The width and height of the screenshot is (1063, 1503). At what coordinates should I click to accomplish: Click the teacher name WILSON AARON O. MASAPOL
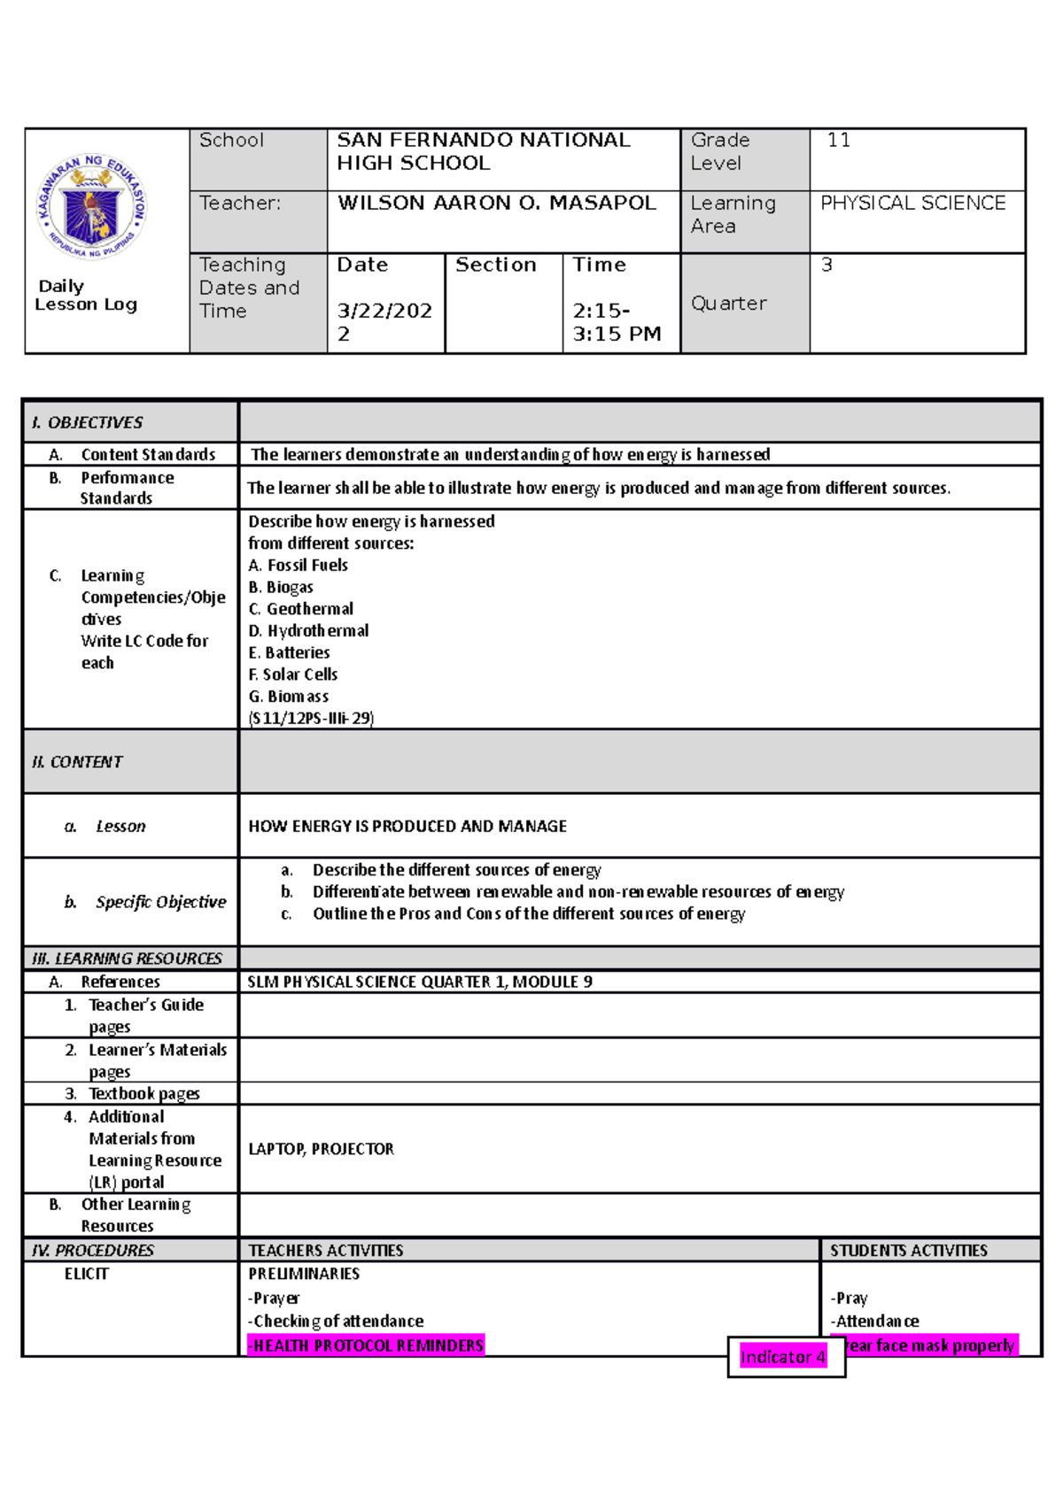(496, 204)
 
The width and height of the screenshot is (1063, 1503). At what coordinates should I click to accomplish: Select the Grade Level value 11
(838, 141)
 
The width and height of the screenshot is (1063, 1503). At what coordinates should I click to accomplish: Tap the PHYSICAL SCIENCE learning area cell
(912, 204)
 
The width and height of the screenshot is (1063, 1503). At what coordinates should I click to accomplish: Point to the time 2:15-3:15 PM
(617, 322)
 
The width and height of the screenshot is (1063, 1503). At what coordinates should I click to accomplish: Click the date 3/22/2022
(384, 322)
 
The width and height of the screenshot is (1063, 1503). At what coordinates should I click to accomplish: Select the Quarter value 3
(826, 266)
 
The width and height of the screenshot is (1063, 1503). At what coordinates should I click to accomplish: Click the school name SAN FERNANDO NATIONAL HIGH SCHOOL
(483, 151)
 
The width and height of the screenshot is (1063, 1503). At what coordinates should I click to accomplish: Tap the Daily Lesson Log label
(86, 296)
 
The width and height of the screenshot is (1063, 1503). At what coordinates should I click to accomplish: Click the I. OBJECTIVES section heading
(87, 423)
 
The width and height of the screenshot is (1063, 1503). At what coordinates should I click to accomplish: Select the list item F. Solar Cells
(292, 674)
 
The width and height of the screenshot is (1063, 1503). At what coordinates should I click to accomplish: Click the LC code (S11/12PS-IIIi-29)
(310, 718)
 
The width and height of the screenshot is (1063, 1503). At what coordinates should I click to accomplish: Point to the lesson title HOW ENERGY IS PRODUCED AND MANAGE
(407, 826)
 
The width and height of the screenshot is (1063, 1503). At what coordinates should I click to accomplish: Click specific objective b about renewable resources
(577, 891)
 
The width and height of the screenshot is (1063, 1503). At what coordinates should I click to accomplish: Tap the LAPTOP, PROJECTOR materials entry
(321, 1149)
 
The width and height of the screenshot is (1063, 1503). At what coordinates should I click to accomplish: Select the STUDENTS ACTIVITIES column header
(908, 1251)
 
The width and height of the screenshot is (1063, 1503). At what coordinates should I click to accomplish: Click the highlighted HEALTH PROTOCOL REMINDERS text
(366, 1345)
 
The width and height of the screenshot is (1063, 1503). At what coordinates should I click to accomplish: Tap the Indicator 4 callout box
(785, 1357)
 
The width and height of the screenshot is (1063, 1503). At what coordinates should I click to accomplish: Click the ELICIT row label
(86, 1274)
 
